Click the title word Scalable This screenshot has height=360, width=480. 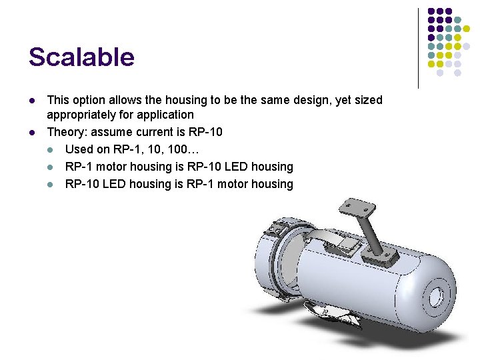pos(81,57)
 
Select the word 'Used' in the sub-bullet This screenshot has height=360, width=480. pos(79,149)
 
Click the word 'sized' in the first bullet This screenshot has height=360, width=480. pos(367,100)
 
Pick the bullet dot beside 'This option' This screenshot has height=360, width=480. pos(31,101)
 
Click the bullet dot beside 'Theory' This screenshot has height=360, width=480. pos(31,133)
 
